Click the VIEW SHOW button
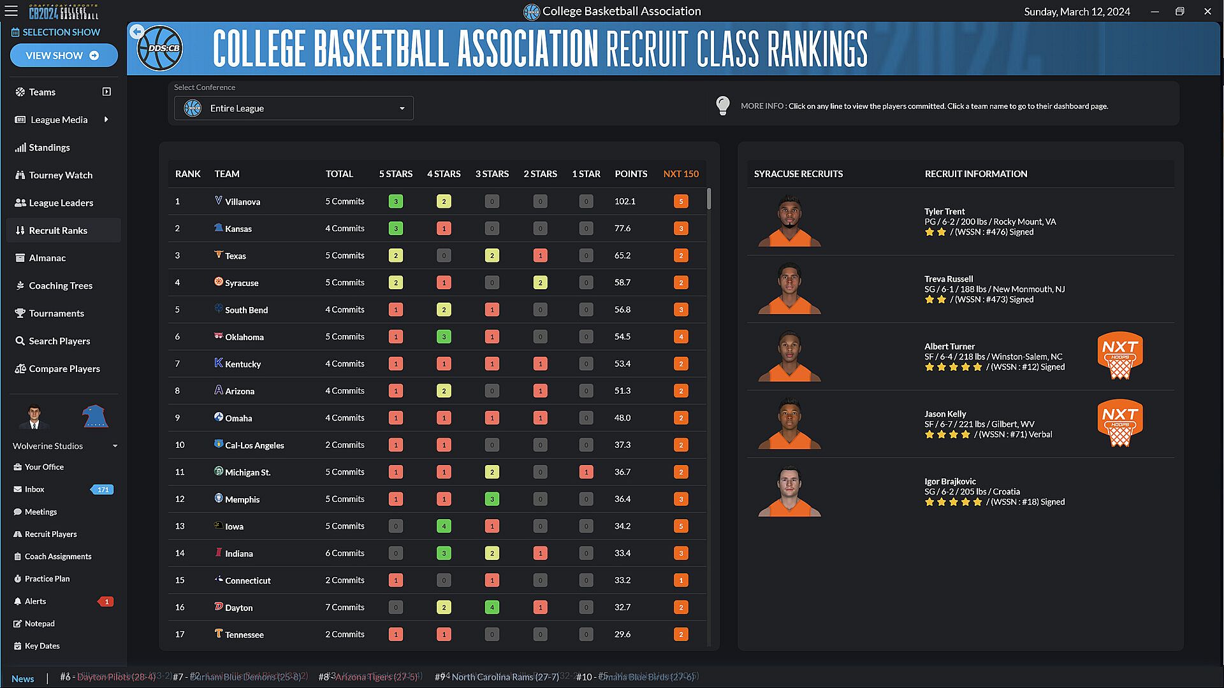(x=63, y=55)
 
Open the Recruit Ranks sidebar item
(x=58, y=231)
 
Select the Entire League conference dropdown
(x=293, y=108)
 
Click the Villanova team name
(x=242, y=202)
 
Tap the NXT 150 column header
(x=680, y=174)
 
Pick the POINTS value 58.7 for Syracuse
(x=622, y=283)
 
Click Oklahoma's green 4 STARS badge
(x=444, y=337)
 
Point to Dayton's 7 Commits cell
(x=344, y=608)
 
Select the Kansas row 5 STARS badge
(x=395, y=229)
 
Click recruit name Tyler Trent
(x=944, y=211)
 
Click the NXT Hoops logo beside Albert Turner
(x=1119, y=355)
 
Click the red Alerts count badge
(x=106, y=601)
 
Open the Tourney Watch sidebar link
(x=61, y=175)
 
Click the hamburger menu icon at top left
(x=11, y=11)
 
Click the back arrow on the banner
(x=136, y=32)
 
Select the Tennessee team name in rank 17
(x=244, y=635)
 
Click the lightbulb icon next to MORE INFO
(x=722, y=106)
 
